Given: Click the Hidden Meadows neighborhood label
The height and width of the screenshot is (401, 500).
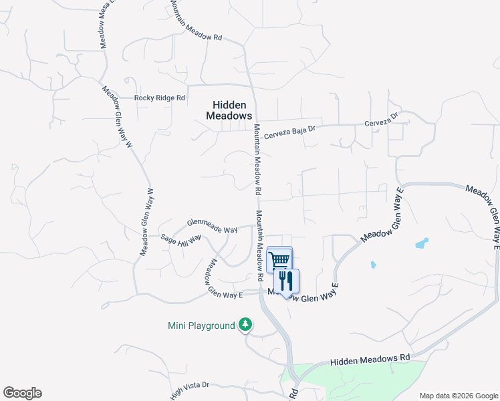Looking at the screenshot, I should [x=228, y=110].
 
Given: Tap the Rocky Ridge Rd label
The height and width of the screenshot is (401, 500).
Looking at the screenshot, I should [x=159, y=98].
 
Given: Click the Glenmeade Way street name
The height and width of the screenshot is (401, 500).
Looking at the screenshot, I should [x=212, y=226].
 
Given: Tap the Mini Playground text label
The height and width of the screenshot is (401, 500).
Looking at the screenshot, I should [x=201, y=326].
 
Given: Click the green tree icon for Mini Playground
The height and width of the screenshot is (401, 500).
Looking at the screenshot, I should [x=246, y=325].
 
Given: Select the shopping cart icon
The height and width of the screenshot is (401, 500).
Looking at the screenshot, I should [x=279, y=259].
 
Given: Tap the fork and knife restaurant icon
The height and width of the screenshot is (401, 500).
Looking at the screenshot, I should [x=287, y=281].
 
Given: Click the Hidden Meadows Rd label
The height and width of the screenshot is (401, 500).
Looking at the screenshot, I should [x=370, y=360].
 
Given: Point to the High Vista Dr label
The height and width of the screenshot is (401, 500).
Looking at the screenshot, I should [x=190, y=389].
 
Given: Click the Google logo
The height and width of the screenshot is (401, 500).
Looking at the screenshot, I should [x=22, y=393].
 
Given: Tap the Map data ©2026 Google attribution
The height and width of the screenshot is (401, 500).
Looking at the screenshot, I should [x=458, y=396].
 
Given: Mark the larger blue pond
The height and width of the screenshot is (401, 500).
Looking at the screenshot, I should [x=422, y=243].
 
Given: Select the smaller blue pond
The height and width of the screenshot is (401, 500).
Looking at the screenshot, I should [x=372, y=265].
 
